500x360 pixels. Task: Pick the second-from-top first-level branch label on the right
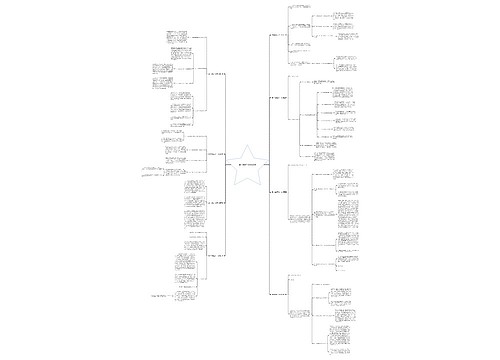pyautogui.click(x=279, y=98)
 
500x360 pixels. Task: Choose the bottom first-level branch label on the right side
pyautogui.click(x=281, y=294)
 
